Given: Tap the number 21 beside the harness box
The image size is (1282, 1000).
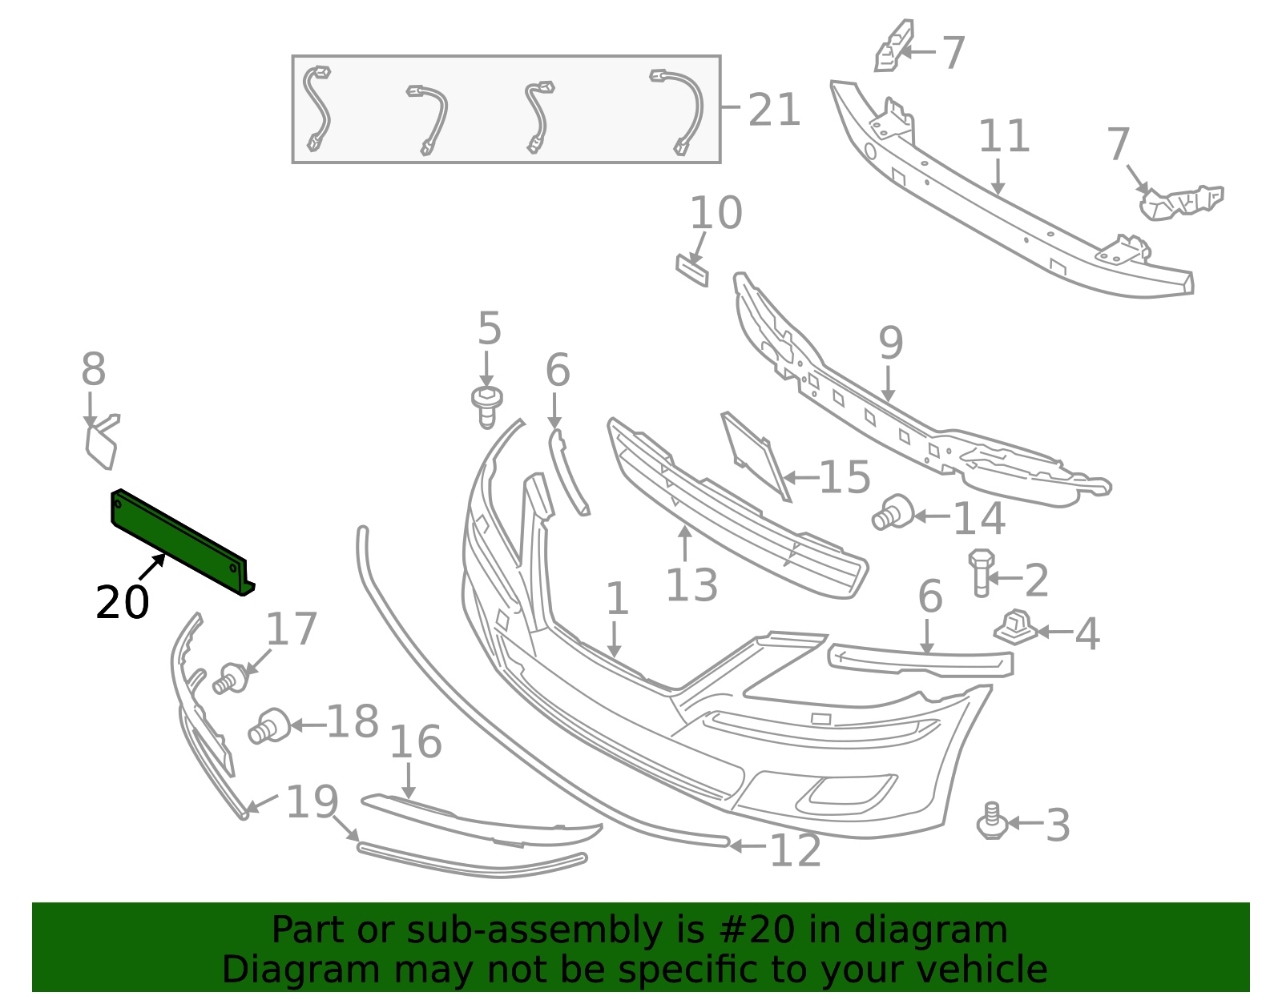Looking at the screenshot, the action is pyautogui.click(x=773, y=110).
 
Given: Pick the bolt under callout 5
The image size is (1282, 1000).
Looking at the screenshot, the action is pyautogui.click(x=486, y=407).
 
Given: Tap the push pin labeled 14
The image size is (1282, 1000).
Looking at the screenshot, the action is pyautogui.click(x=893, y=512).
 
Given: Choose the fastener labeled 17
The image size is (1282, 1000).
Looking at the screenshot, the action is pyautogui.click(x=231, y=679).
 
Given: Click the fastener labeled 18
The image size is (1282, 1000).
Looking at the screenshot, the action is pyautogui.click(x=268, y=726).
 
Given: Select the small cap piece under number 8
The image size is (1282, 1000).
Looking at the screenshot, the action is pyautogui.click(x=102, y=443).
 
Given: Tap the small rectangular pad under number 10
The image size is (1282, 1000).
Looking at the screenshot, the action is pyautogui.click(x=692, y=271).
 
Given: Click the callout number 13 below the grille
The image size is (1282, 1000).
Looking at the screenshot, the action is pyautogui.click(x=691, y=584).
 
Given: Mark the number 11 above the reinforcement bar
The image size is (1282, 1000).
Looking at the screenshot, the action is pyautogui.click(x=1003, y=135).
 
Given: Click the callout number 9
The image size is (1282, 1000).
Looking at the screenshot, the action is pyautogui.click(x=890, y=343).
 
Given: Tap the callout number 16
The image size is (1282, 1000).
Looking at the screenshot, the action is pyautogui.click(x=415, y=742).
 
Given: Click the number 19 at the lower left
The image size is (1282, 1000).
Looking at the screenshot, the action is pyautogui.click(x=312, y=801).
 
